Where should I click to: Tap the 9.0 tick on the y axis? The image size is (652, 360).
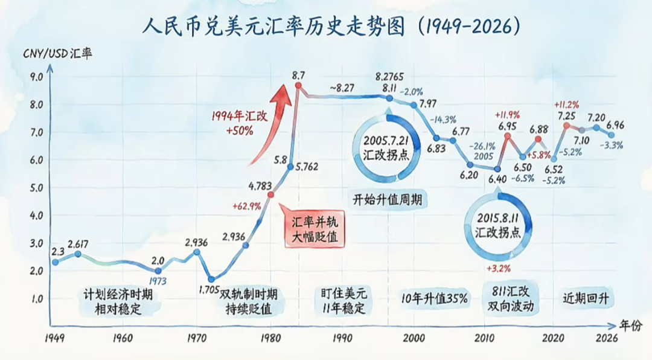click(x=36, y=77)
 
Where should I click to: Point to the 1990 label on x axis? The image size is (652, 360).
click(x=342, y=338)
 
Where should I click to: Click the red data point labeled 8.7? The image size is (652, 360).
click(x=298, y=86)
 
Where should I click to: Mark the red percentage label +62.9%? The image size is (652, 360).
click(x=246, y=206)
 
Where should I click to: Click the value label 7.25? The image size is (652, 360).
click(x=566, y=115)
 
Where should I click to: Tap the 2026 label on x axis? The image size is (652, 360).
click(x=606, y=338)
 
